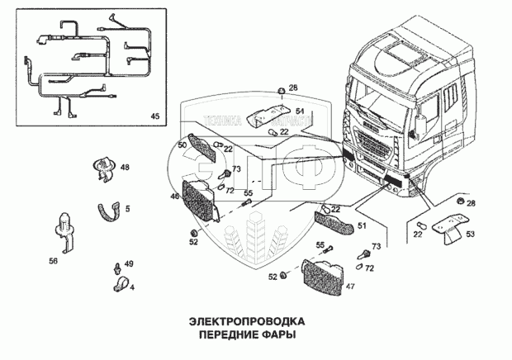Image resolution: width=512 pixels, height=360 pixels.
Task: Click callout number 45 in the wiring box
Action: (154, 115)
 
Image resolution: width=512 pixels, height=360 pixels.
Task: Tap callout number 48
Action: (126, 168)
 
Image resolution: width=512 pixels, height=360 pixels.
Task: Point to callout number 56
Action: (54, 260)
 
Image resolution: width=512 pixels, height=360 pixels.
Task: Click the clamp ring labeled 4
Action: (119, 286)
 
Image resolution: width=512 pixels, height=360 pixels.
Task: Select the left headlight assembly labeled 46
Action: (201, 202)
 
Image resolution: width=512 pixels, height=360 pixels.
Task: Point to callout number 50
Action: (183, 145)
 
